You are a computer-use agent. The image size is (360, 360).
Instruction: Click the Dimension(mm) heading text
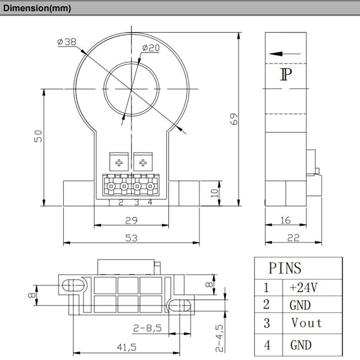tap(36, 9)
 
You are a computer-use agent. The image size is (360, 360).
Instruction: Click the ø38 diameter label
tap(67, 42)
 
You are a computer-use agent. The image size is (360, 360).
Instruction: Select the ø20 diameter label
tap(151, 48)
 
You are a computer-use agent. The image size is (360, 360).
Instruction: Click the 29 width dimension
tap(131, 220)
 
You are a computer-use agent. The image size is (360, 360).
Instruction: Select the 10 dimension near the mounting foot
tap(215, 193)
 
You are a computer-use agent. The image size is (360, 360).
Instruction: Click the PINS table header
tap(284, 269)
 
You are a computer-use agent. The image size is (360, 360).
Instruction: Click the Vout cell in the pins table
tap(306, 323)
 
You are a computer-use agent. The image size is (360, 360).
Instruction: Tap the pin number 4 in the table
tap(267, 345)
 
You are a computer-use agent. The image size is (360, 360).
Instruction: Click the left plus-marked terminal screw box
tap(119, 162)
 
